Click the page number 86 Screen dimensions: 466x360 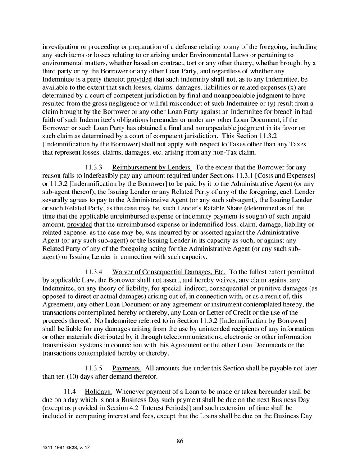tap(180, 441)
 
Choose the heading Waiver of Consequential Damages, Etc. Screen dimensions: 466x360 tap(169, 272)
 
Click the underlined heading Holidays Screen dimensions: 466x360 tap(98, 392)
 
